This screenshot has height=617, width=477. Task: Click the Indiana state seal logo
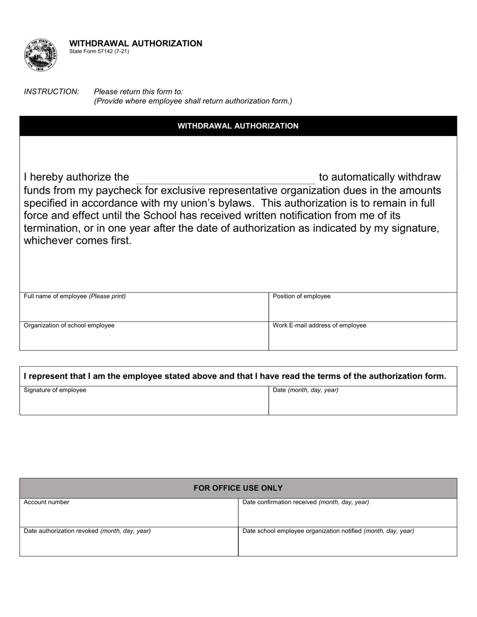pyautogui.click(x=40, y=55)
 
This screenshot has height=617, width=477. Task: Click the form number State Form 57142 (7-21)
pyautogui.click(x=99, y=51)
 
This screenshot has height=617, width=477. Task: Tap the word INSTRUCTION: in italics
pyautogui.click(x=51, y=91)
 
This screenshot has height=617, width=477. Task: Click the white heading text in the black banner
pyautogui.click(x=238, y=126)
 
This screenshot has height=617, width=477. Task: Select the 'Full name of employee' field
pyautogui.click(x=144, y=307)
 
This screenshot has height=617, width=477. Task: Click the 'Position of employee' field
pyautogui.click(x=363, y=307)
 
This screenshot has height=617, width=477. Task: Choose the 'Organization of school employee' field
pyautogui.click(x=144, y=336)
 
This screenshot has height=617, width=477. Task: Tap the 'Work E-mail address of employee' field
pyautogui.click(x=363, y=336)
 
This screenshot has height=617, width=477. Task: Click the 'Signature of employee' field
pyautogui.click(x=144, y=401)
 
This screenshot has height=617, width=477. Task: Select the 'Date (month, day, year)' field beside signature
pyautogui.click(x=363, y=401)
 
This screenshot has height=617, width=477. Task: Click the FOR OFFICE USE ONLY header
pyautogui.click(x=238, y=488)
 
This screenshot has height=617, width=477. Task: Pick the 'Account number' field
pyautogui.click(x=129, y=513)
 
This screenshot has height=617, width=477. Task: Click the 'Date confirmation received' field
pyautogui.click(x=347, y=513)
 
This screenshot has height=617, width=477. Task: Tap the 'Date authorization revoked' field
pyautogui.click(x=129, y=542)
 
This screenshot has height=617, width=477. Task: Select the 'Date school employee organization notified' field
pyautogui.click(x=347, y=542)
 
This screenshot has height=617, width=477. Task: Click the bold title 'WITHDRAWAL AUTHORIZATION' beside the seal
pyautogui.click(x=136, y=43)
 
